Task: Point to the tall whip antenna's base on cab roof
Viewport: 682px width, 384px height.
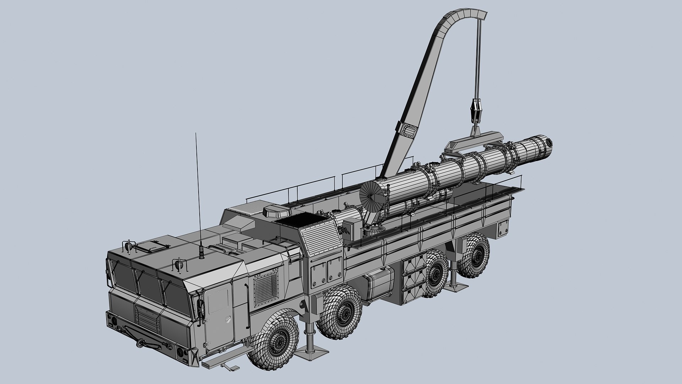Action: click(x=201, y=254)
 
